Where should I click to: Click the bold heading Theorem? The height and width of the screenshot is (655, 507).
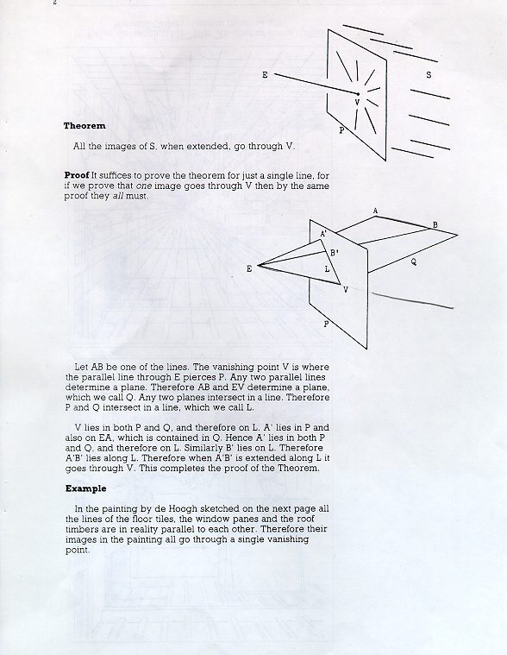tap(84, 126)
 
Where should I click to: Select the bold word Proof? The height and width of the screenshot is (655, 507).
tap(77, 175)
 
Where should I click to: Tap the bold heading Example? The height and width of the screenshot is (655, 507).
tap(86, 488)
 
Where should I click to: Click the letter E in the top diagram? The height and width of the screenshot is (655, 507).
tap(265, 75)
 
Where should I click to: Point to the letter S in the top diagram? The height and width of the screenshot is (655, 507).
tap(429, 75)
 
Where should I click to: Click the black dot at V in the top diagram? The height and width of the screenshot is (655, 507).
tap(358, 94)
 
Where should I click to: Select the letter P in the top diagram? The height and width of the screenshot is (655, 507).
tap(341, 130)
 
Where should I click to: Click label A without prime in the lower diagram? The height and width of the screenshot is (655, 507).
tap(375, 211)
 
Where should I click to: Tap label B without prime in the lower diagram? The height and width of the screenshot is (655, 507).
tap(435, 224)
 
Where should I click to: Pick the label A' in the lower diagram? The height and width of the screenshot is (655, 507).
tap(323, 234)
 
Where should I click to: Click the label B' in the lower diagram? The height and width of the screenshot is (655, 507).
tap(335, 253)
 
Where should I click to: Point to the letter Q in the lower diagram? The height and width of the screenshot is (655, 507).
tap(413, 262)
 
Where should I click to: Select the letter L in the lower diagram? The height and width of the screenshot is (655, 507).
tap(327, 269)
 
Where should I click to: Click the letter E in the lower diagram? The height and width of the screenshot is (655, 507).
tap(249, 268)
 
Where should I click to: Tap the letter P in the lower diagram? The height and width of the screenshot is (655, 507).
tap(326, 324)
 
